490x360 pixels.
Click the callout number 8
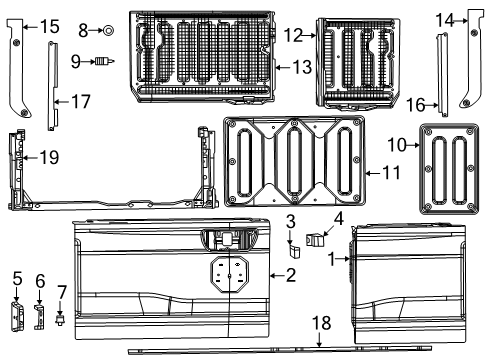[x=84, y=31]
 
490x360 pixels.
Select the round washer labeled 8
[x=107, y=31]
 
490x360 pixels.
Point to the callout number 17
[x=81, y=100]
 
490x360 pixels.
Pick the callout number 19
[x=47, y=156]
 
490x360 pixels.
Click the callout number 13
[x=300, y=66]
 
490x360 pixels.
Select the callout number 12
[x=292, y=35]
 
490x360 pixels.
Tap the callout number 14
[x=445, y=18]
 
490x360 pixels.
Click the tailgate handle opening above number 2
[x=226, y=241]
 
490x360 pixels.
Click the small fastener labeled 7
[x=63, y=321]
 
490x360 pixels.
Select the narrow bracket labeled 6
[x=40, y=316]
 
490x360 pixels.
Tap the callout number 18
[x=320, y=324]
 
